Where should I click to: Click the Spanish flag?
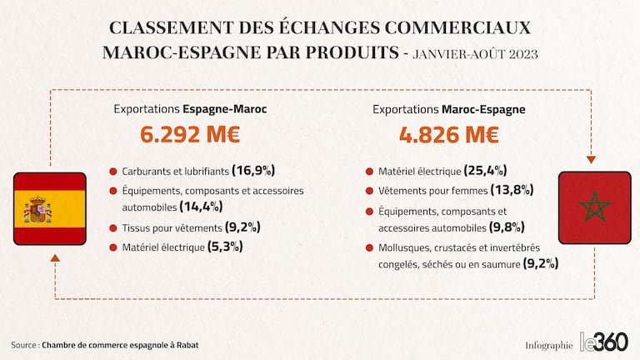[50, 208]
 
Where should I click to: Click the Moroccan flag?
[594, 207]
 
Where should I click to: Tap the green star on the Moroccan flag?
[594, 207]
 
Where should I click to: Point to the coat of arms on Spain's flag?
[37, 209]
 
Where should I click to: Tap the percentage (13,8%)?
[512, 190]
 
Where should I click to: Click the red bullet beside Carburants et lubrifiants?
[112, 172]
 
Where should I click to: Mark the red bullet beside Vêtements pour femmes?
[369, 191]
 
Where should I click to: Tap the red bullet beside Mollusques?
[369, 247]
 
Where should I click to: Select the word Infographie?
[549, 345]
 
